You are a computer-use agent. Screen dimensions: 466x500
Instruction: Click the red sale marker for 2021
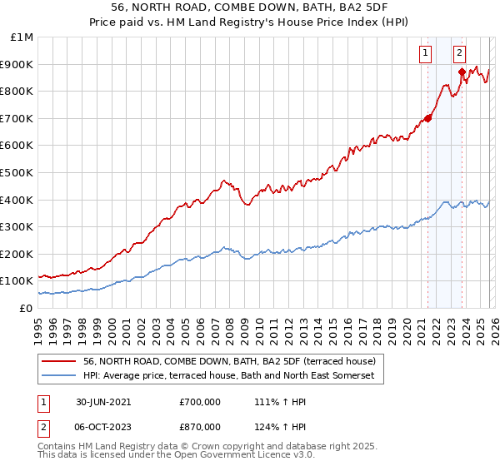428,118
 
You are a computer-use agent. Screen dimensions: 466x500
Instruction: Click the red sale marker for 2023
462,72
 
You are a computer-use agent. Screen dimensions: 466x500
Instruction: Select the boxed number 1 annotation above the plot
426,53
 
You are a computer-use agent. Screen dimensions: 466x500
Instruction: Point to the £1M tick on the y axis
22,37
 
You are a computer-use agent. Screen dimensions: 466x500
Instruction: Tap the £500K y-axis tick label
18,173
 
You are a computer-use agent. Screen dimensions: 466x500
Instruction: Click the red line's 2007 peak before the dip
222,180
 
